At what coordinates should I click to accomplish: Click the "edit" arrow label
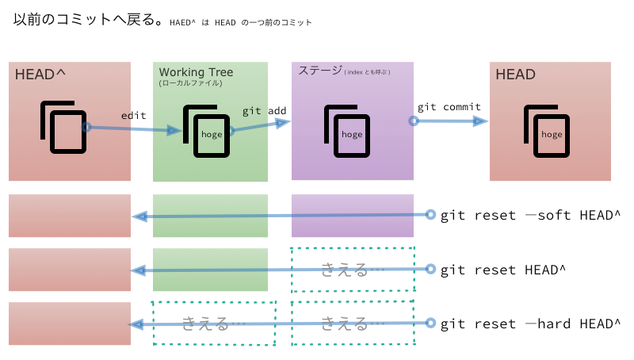tap(133, 116)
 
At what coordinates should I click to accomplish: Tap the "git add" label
tap(264, 111)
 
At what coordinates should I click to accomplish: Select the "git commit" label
tap(449, 107)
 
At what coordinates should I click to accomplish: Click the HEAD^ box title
tap(40, 75)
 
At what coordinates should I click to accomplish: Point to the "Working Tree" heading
tap(196, 72)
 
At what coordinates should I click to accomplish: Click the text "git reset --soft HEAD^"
tap(530, 216)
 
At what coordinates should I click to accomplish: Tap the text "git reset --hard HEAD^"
tap(530, 324)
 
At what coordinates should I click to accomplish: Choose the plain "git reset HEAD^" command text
tap(502, 270)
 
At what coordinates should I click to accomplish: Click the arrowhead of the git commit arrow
tap(480, 121)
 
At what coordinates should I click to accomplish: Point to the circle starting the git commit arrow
tap(413, 121)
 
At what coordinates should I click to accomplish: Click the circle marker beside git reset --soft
tap(430, 215)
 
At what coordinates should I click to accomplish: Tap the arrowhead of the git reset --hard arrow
tap(136, 324)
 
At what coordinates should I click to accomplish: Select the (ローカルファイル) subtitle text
tap(190, 82)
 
